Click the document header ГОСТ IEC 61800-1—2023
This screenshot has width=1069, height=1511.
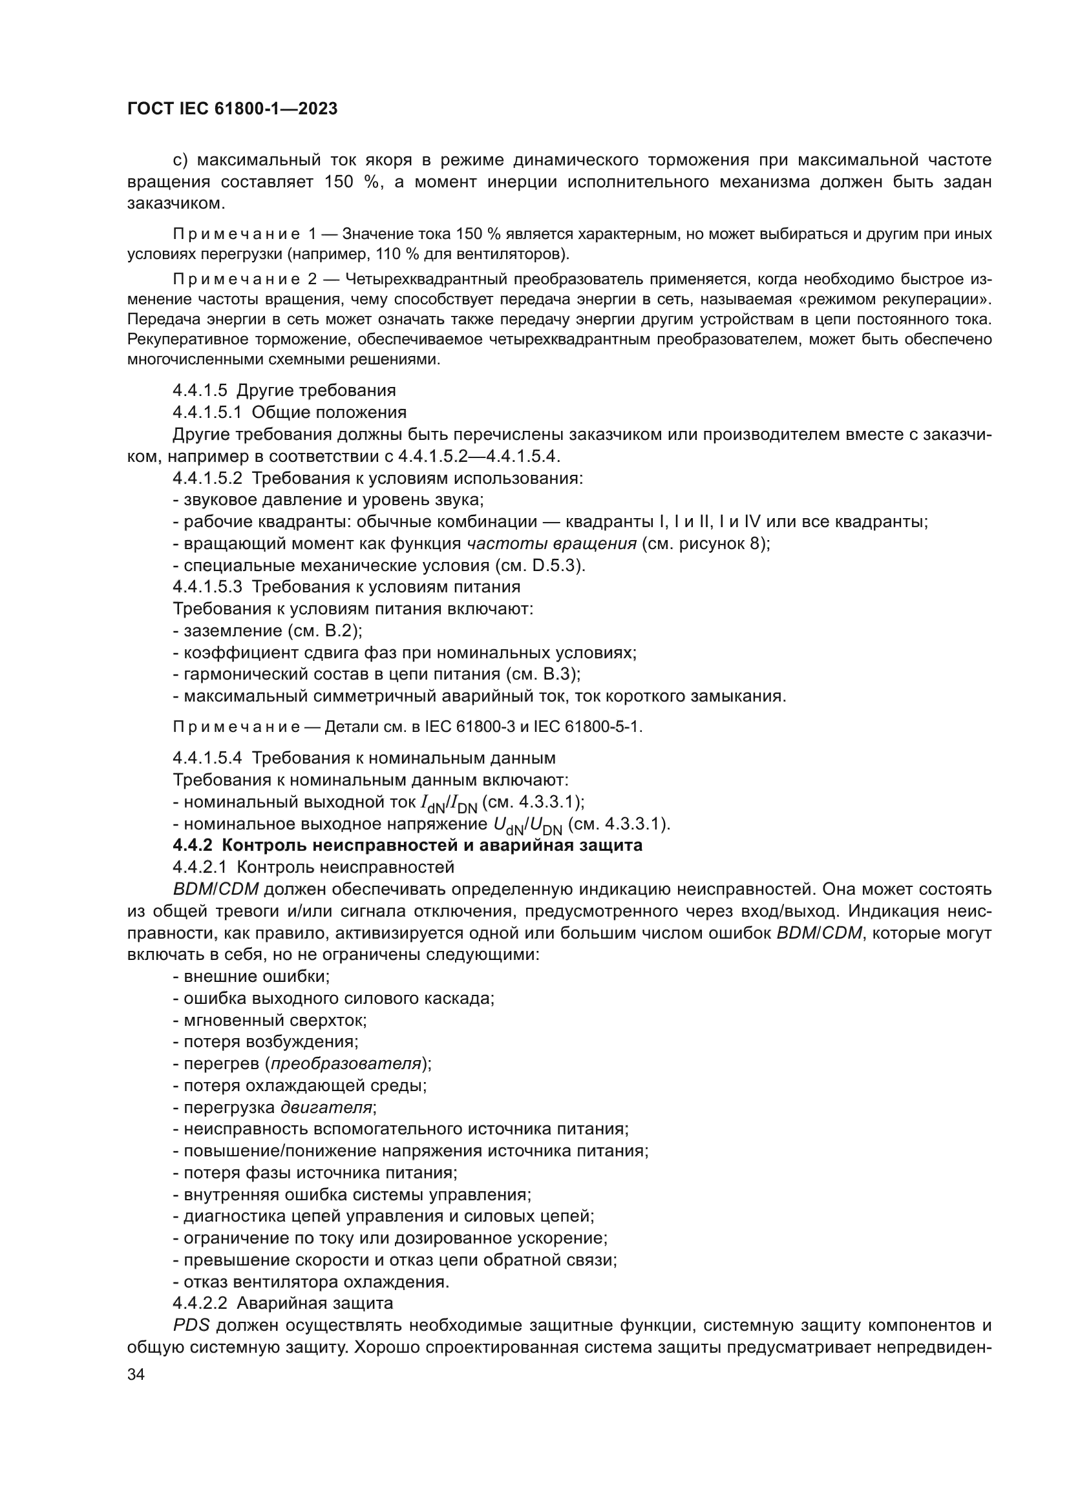click(x=232, y=109)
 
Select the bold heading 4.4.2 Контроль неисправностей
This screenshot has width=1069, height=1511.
click(x=407, y=846)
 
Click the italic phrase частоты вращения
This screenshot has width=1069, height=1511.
click(x=551, y=543)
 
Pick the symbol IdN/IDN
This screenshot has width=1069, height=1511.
click(x=449, y=803)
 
